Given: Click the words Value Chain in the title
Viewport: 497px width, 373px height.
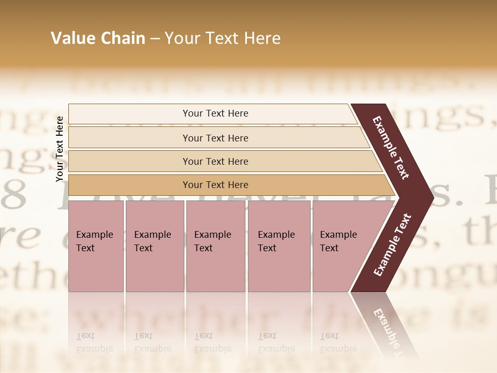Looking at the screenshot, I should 98,38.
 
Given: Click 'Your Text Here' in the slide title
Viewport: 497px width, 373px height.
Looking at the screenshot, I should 223,38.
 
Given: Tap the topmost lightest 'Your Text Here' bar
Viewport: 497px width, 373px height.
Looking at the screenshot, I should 215,113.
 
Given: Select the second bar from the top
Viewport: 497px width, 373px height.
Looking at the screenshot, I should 215,138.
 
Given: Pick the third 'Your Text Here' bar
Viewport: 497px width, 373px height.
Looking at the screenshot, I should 215,161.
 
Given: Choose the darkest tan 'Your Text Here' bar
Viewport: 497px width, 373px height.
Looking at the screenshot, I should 215,185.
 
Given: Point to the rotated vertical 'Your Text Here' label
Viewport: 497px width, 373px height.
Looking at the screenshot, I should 60,149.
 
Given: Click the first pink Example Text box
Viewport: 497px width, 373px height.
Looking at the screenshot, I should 96,246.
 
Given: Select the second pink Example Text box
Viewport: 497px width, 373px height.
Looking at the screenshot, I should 154,246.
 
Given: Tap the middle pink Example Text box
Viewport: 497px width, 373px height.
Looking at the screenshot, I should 215,246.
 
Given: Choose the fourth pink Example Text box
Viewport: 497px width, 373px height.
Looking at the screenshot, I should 279,246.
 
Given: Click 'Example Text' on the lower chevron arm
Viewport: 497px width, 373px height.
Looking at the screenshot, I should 392,245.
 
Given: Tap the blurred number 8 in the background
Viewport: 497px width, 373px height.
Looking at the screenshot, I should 14,194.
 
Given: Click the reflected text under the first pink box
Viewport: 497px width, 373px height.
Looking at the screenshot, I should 94,342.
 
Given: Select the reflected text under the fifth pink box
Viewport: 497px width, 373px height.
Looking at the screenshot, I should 338,342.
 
